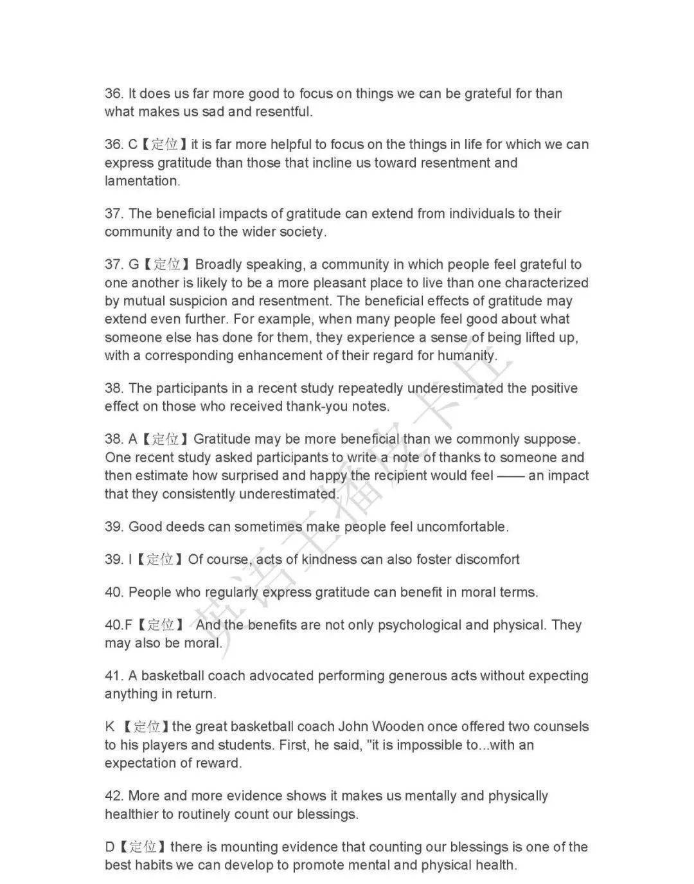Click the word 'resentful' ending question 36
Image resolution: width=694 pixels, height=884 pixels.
pos(283,112)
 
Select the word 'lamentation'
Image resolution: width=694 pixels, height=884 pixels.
pos(141,181)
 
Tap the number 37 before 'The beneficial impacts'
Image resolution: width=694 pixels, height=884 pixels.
pos(114,213)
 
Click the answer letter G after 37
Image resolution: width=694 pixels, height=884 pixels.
pos(134,264)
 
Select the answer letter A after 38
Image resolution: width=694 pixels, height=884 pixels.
pos(133,439)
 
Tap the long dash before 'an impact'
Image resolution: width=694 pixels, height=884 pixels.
pos(511,476)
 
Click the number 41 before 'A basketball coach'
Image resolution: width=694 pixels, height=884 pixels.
pos(113,676)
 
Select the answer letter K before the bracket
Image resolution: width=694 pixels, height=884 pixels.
pos(110,726)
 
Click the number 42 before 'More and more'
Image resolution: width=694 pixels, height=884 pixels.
pos(114,796)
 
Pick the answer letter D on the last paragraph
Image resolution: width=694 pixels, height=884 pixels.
pos(110,847)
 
